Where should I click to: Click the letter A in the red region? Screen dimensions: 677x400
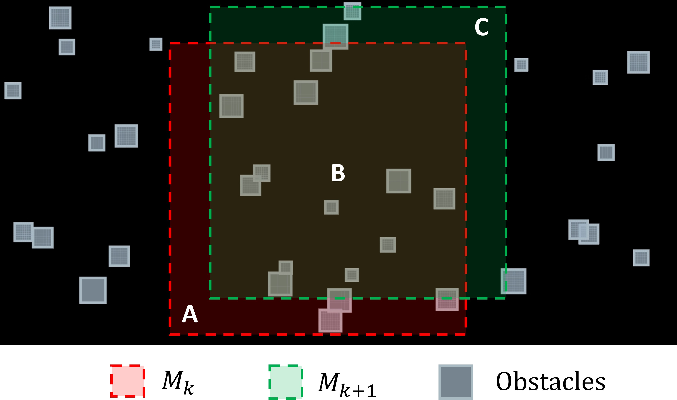[x=190, y=314]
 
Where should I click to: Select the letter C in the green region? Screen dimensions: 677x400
[x=481, y=27]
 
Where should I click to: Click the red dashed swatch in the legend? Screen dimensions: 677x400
[x=128, y=381]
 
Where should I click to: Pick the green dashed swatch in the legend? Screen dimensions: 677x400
[x=286, y=382]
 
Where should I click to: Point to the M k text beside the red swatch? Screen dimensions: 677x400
[x=178, y=382]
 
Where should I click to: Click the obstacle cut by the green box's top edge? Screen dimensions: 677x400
[x=352, y=11]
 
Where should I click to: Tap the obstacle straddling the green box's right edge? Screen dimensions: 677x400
[x=513, y=281]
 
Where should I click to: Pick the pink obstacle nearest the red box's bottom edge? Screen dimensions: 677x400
[x=330, y=320]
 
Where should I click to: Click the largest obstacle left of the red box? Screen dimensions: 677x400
[x=93, y=290]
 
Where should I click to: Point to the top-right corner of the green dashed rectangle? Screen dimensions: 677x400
[x=506, y=7]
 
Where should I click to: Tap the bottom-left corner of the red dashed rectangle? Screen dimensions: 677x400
[x=170, y=335]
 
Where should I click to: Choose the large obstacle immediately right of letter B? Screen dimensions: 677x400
[x=399, y=181]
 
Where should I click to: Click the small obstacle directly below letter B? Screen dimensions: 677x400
[x=331, y=207]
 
